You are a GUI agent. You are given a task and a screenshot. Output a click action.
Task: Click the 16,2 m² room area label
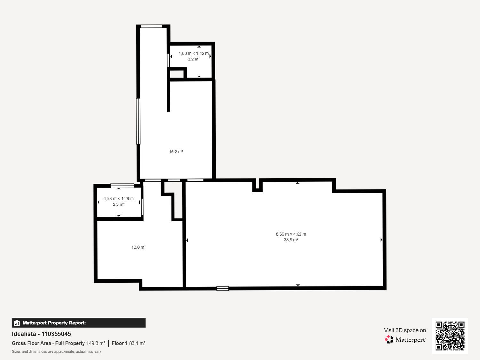point(176,152)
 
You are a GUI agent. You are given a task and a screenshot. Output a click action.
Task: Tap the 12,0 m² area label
point(139,247)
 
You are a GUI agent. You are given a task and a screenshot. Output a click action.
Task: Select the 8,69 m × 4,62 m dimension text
point(291,234)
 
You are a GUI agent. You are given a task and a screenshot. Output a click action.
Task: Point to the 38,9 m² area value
point(291,240)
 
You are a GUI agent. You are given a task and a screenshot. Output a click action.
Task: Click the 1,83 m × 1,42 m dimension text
point(194,53)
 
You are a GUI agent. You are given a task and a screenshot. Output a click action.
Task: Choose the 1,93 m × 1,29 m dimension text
point(118,199)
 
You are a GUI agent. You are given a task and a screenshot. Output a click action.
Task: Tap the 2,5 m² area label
point(118,204)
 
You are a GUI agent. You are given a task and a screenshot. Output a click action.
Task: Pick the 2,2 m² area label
point(194,59)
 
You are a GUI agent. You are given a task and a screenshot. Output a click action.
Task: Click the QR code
point(450,336)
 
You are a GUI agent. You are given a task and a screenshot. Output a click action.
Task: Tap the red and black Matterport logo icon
point(389,340)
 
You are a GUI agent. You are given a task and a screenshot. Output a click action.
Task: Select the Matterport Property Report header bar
point(79,323)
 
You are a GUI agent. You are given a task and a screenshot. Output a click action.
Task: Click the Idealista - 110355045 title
point(42,334)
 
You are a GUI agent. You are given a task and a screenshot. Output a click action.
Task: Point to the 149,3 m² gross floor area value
point(96,343)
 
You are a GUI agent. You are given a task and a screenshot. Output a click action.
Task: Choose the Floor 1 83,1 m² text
point(129,343)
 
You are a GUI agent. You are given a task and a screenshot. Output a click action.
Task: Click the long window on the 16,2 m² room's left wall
point(138,121)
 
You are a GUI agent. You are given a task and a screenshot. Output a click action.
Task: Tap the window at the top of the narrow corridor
point(151,27)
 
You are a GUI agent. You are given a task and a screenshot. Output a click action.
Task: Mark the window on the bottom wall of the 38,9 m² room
point(223,289)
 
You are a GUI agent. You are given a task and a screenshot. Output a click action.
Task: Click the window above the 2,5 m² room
point(122,186)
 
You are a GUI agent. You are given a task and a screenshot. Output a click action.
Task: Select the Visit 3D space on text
point(405,330)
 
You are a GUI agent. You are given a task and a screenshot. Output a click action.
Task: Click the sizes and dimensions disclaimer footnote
point(57,352)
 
